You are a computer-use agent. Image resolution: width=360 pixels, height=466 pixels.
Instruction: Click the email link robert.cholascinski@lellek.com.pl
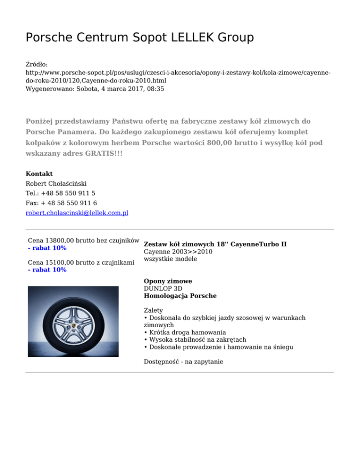tap(77, 213)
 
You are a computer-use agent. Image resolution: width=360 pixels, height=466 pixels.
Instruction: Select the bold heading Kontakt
tap(39, 174)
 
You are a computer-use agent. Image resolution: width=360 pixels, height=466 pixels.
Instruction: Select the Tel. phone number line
tap(61, 193)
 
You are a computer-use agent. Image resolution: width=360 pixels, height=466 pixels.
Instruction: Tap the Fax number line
tap(61, 203)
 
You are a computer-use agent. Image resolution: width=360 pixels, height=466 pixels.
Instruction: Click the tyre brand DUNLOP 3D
tap(163, 289)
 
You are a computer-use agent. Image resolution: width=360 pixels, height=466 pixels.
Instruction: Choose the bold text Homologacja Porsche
tap(180, 296)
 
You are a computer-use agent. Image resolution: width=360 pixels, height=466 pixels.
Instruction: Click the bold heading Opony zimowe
tap(168, 281)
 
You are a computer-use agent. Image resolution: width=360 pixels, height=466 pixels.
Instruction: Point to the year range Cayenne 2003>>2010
tap(178, 252)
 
